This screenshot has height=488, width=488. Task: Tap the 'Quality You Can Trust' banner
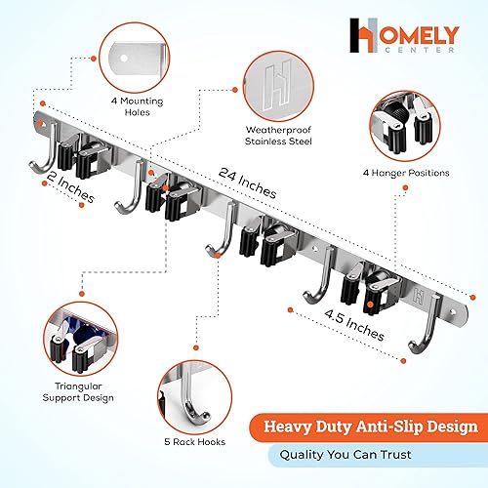click(x=374, y=454)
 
